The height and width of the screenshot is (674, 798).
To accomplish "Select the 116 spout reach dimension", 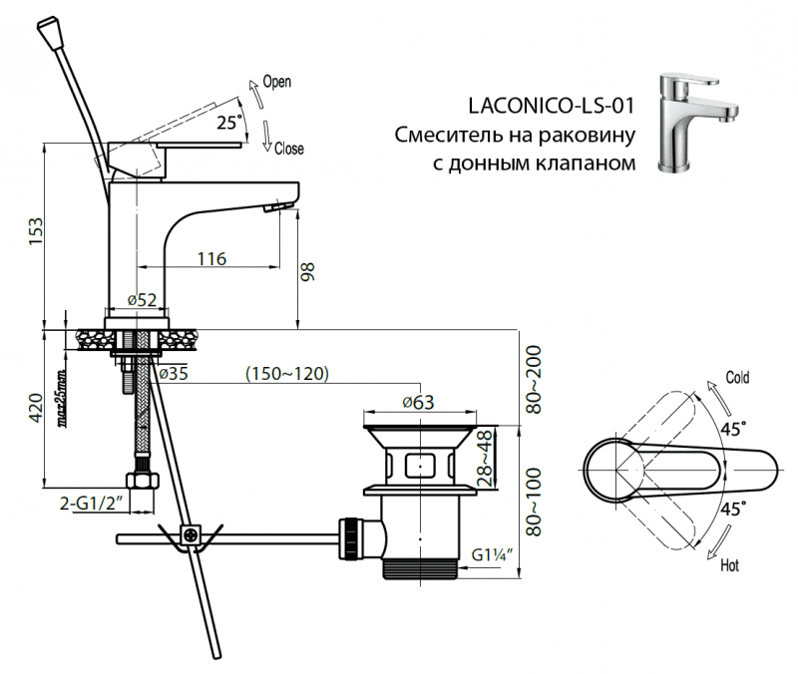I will pyautogui.click(x=210, y=259).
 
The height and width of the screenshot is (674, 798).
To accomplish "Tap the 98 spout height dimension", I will pyautogui.click(x=309, y=271).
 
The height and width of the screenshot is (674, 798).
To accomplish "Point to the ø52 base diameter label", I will pyautogui.click(x=143, y=300).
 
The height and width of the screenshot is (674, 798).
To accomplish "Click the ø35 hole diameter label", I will pyautogui.click(x=174, y=374).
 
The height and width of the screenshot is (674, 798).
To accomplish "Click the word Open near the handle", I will pyautogui.click(x=276, y=84).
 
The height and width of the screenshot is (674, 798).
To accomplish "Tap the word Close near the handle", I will pyautogui.click(x=288, y=150).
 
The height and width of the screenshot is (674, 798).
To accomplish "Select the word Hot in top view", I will pyautogui.click(x=729, y=566).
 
